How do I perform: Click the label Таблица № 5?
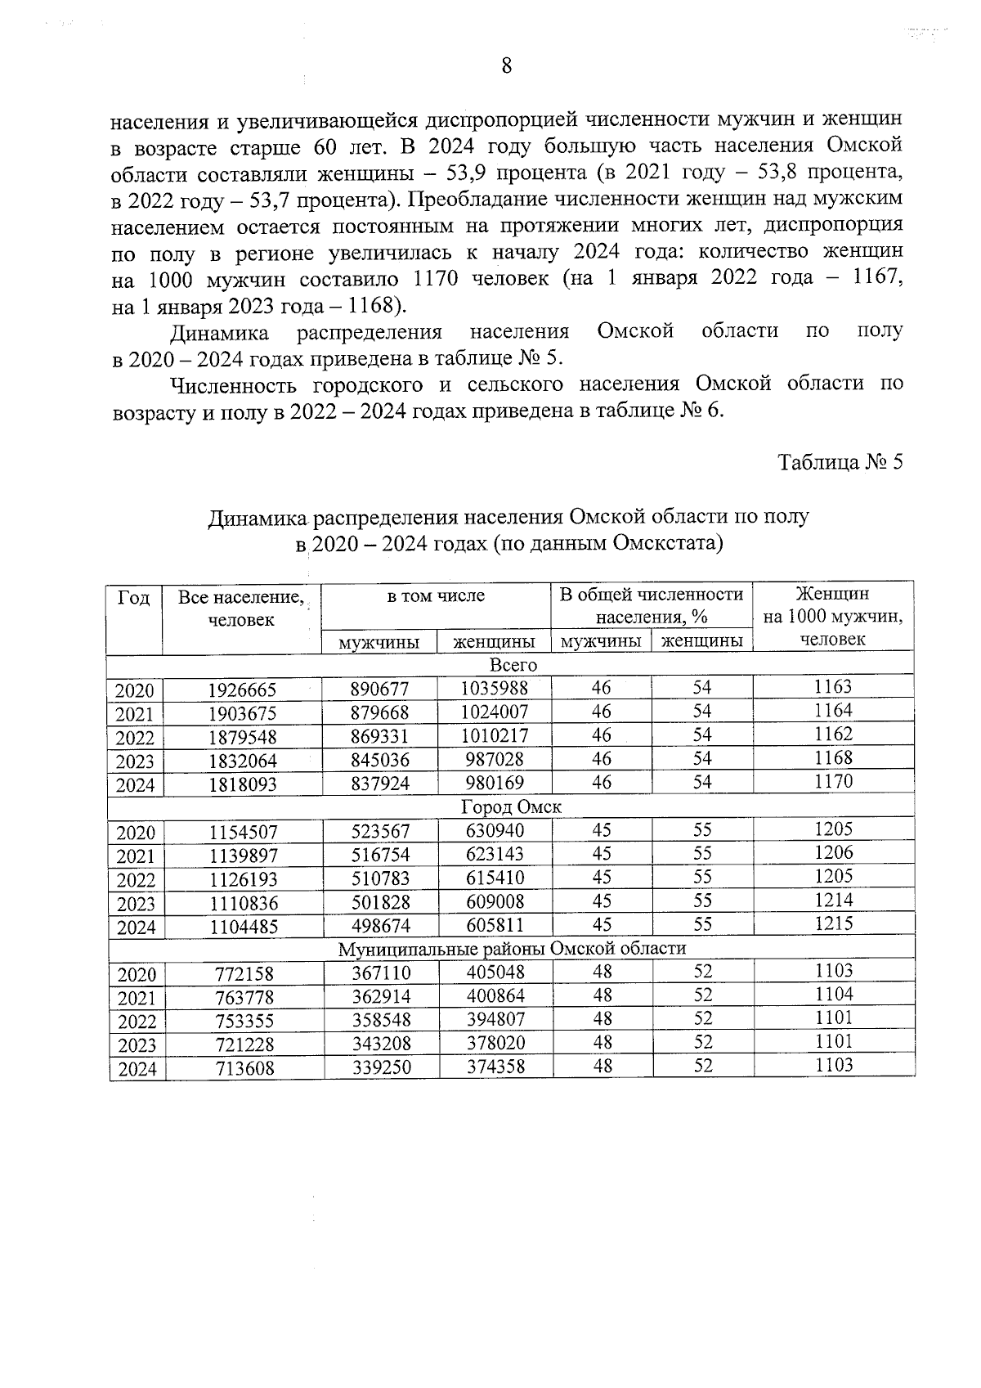pyautogui.click(x=840, y=463)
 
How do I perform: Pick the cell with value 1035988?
pyautogui.click(x=495, y=689)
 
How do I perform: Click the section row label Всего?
pyautogui.click(x=513, y=665)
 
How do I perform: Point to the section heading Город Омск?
pyautogui.click(x=511, y=807)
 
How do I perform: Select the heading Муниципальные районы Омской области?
pyautogui.click(x=512, y=949)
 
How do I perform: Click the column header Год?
pyautogui.click(x=134, y=599)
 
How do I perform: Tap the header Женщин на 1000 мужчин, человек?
pyautogui.click(x=832, y=617)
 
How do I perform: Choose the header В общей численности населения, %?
pyautogui.click(x=651, y=605)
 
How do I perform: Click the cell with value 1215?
pyautogui.click(x=833, y=924)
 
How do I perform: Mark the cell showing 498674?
pyautogui.click(x=380, y=927)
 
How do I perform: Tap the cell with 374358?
pyautogui.click(x=495, y=1067)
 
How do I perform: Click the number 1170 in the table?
pyautogui.click(x=833, y=782)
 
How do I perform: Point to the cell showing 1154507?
pyautogui.click(x=243, y=833)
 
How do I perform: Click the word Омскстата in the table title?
pyautogui.click(x=665, y=543)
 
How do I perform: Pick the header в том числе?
pyautogui.click(x=436, y=596)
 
